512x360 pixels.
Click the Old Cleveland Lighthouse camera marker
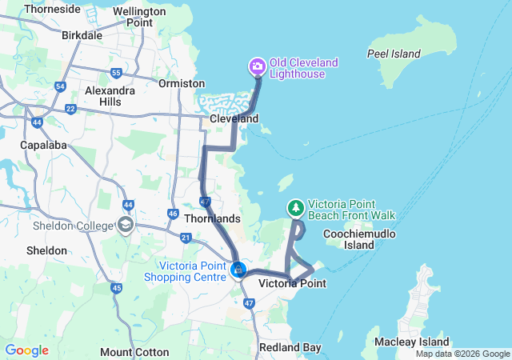258,66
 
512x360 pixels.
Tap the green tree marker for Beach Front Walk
296,208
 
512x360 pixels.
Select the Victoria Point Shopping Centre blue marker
238,270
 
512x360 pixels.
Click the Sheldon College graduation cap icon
125,225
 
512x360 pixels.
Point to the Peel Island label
394,54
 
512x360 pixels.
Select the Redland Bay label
290,347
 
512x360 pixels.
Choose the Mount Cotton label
134,352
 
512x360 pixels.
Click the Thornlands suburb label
212,218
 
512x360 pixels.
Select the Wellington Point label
133,17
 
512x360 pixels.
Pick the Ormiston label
176,82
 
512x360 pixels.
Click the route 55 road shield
116,73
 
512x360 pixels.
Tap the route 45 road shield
117,288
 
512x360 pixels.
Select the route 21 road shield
186,238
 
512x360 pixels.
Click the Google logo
26,350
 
